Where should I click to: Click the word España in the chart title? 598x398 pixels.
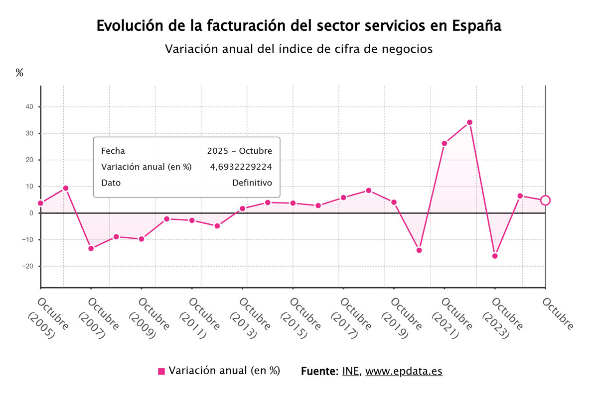click(476, 26)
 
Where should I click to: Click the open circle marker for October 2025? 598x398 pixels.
click(545, 200)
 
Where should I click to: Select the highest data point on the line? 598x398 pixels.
click(469, 122)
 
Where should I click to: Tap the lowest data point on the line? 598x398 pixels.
click(495, 256)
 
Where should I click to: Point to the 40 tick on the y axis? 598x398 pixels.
click(29, 107)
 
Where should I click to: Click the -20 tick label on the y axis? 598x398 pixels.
click(27, 266)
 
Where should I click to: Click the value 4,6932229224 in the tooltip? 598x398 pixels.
click(241, 167)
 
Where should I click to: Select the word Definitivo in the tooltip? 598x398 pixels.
click(252, 183)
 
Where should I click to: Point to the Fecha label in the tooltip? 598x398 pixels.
click(113, 151)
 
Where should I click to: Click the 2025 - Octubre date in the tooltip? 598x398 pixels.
click(240, 151)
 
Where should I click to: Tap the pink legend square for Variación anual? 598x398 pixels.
click(161, 371)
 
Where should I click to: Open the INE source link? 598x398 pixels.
click(351, 371)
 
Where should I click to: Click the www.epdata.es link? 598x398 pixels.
click(404, 371)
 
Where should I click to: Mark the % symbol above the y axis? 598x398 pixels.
click(19, 73)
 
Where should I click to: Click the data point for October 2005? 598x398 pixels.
click(40, 203)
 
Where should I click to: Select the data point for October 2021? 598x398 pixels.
click(445, 143)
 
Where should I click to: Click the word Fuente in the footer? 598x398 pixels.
click(319, 371)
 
